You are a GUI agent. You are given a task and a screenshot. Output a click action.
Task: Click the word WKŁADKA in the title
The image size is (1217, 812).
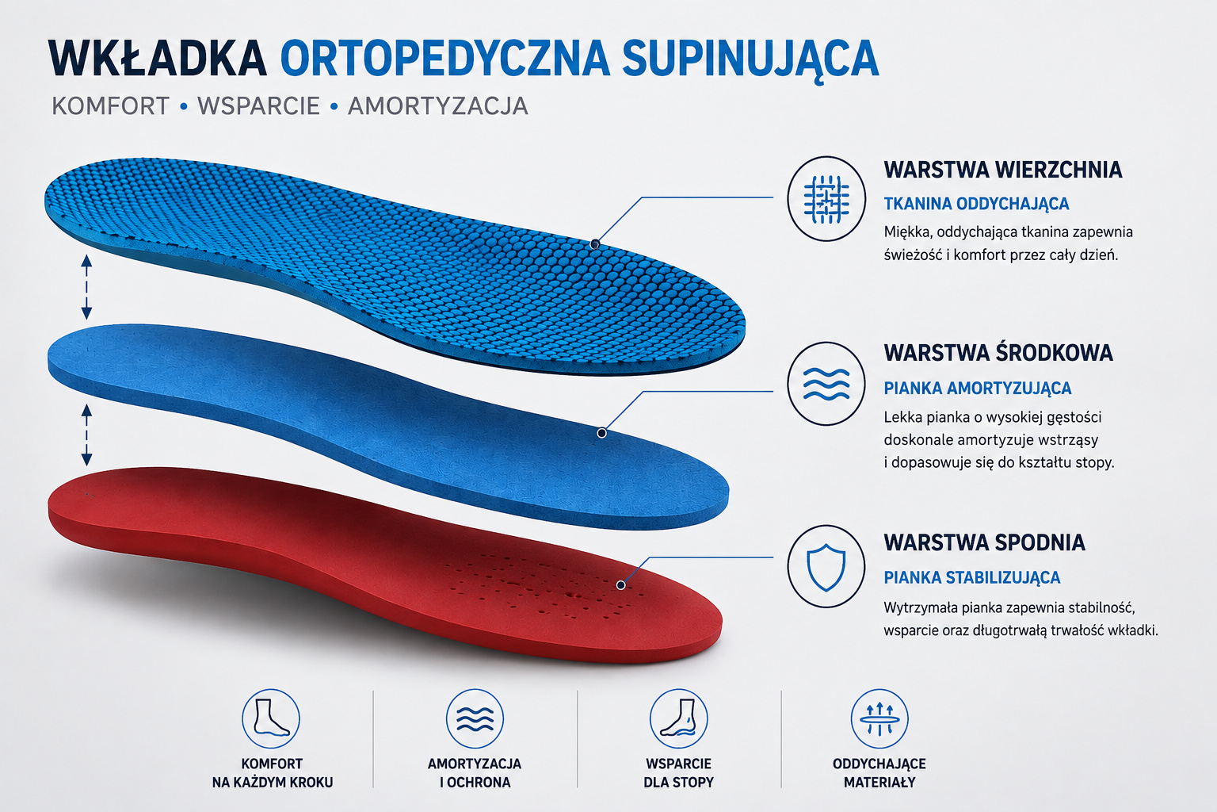pyautogui.click(x=158, y=58)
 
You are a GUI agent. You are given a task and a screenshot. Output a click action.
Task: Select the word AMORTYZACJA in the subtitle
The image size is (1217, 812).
pyautogui.click(x=438, y=106)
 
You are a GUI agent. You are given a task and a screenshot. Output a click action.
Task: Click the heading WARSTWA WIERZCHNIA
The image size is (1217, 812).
pyautogui.click(x=1003, y=170)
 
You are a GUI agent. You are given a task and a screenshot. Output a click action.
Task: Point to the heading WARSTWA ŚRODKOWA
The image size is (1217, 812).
pyautogui.click(x=998, y=353)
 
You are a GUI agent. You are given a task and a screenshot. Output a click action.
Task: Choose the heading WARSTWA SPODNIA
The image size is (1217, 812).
pyautogui.click(x=985, y=542)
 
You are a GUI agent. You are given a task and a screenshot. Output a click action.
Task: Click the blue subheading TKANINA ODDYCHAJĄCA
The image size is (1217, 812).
pyautogui.click(x=976, y=204)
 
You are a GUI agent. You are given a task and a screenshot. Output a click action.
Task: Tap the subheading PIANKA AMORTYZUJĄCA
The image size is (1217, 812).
pyautogui.click(x=978, y=389)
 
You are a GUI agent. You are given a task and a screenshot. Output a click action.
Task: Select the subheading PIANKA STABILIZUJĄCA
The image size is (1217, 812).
pyautogui.click(x=972, y=577)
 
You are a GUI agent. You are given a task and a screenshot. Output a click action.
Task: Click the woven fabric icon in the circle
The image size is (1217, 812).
pyautogui.click(x=826, y=199)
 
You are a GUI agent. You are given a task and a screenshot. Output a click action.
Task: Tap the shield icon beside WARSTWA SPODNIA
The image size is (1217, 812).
pyautogui.click(x=826, y=567)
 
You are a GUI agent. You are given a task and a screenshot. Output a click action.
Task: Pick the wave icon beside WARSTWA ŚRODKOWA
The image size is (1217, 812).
pyautogui.click(x=826, y=384)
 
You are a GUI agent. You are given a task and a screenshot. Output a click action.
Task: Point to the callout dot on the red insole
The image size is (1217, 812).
pyautogui.click(x=620, y=585)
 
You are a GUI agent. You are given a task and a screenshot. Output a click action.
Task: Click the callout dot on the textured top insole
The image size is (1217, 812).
pyautogui.click(x=595, y=244)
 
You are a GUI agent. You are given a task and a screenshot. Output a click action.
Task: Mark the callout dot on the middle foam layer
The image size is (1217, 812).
pyautogui.click(x=601, y=433)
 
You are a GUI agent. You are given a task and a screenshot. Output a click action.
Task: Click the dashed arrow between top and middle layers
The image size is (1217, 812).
pyautogui.click(x=86, y=287)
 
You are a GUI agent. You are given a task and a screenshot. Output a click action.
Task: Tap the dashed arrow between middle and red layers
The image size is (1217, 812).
pyautogui.click(x=86, y=435)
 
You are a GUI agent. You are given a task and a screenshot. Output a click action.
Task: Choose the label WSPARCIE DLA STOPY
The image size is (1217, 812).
pyautogui.click(x=678, y=773)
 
